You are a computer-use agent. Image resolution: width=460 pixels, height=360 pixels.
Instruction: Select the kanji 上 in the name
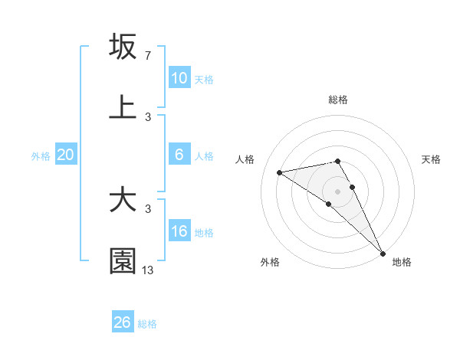(x=123, y=108)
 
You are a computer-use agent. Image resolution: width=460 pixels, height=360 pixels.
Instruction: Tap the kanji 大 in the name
(x=123, y=200)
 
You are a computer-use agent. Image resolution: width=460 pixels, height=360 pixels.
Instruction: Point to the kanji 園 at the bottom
(x=123, y=261)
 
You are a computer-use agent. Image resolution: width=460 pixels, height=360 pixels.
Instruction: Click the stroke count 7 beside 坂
(x=147, y=56)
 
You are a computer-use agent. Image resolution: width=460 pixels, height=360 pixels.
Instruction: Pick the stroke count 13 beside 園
(x=149, y=270)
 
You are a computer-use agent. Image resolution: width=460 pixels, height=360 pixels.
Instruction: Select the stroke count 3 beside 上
(x=147, y=117)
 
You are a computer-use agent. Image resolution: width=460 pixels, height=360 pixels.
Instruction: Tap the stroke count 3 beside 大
(x=147, y=209)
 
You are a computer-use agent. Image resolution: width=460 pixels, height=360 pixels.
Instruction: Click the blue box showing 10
(x=179, y=77)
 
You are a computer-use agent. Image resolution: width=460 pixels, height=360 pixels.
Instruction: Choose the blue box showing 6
(x=179, y=154)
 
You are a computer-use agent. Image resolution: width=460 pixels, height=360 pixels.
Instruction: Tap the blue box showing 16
(x=179, y=231)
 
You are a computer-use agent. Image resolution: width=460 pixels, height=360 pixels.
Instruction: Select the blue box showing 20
(x=65, y=154)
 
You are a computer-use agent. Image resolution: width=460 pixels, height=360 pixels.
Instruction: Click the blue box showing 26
(x=123, y=322)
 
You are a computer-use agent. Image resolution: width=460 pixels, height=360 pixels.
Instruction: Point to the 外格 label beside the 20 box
(x=41, y=156)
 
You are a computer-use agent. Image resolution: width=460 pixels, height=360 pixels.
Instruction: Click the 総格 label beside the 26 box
(x=147, y=324)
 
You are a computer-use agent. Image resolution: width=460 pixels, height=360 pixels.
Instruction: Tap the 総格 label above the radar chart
(x=338, y=100)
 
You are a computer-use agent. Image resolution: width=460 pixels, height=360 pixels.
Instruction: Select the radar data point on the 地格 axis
(x=382, y=252)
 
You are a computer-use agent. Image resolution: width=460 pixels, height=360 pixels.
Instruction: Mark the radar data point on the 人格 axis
(x=280, y=172)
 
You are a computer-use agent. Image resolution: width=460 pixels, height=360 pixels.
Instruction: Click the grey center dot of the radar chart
(x=338, y=191)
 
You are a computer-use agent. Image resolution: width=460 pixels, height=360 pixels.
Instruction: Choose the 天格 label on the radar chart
(x=431, y=159)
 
